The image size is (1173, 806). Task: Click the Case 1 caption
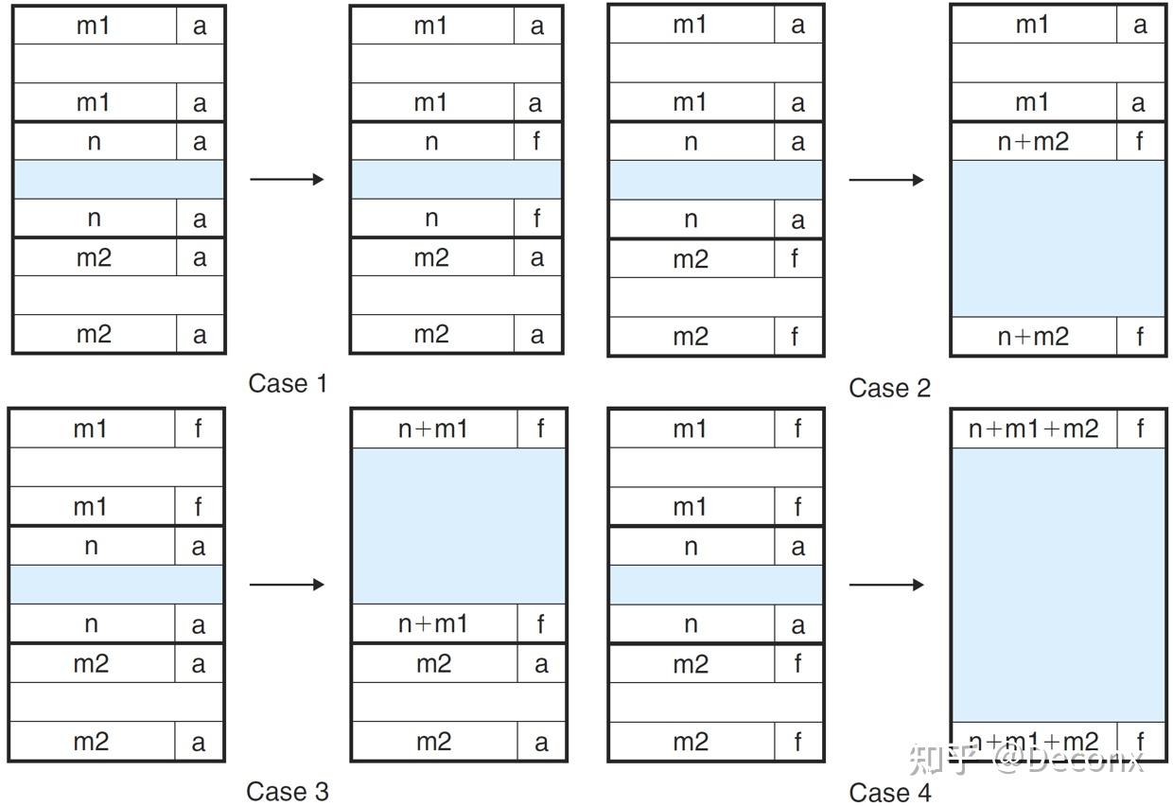(x=288, y=383)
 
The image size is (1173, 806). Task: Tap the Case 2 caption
(x=889, y=388)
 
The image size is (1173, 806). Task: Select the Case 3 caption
(x=288, y=791)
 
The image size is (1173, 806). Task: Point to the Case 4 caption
(x=889, y=792)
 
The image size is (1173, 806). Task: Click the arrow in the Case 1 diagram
(x=287, y=179)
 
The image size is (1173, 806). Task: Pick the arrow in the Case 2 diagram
(x=886, y=180)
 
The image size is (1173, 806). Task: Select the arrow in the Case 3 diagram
(x=287, y=584)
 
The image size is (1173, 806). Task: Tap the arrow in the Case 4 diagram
(x=886, y=584)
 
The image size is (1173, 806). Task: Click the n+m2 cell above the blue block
(x=1034, y=141)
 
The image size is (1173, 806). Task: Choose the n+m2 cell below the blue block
(x=1034, y=336)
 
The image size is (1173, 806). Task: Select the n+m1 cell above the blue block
(x=434, y=429)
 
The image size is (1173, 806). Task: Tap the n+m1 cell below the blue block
(x=434, y=623)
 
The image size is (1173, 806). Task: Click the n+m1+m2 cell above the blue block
(x=1034, y=429)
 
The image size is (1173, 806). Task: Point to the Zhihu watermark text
(x=1025, y=760)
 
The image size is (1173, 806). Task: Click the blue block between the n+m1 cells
(x=459, y=526)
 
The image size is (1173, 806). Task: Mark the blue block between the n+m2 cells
(x=1059, y=238)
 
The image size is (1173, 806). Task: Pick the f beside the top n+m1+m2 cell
(x=1140, y=429)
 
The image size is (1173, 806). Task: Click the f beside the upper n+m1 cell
(x=540, y=429)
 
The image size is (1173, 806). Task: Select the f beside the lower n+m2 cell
(x=1140, y=336)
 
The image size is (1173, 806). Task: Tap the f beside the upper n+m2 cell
(x=1140, y=141)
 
